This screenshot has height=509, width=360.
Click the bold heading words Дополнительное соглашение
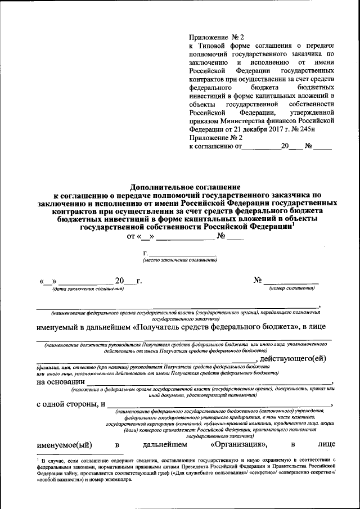[x=185, y=186]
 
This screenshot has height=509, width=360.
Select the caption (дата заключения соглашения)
[x=87, y=289]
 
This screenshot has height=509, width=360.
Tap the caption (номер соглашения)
[x=291, y=289]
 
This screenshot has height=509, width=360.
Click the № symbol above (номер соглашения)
[x=258, y=280]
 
